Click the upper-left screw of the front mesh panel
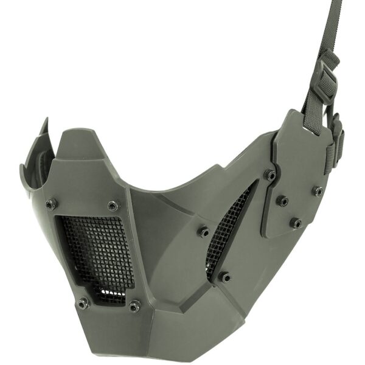pyautogui.click(x=51, y=203)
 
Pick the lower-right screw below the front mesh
pyautogui.click(x=134, y=305)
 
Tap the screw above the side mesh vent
pyautogui.click(x=203, y=232)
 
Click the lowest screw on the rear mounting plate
pyautogui.click(x=296, y=223)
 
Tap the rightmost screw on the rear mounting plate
pyautogui.click(x=318, y=191)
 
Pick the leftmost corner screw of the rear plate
pyautogui.click(x=269, y=175)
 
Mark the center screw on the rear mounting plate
pyautogui.click(x=282, y=200)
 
